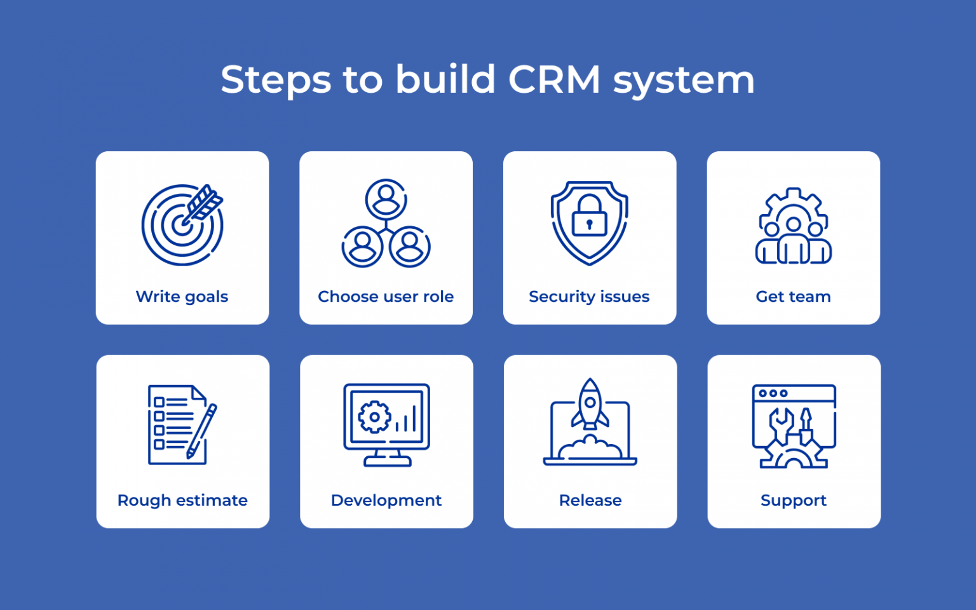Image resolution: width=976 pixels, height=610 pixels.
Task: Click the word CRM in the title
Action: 554,80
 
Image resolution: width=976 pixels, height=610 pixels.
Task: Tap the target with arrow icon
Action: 182,225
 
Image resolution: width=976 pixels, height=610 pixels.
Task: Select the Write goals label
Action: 182,297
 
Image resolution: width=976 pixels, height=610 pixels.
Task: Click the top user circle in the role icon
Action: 386,200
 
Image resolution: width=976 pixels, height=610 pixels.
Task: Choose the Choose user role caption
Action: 386,297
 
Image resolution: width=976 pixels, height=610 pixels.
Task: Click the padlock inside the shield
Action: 589,216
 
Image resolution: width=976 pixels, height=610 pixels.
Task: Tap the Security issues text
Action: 589,297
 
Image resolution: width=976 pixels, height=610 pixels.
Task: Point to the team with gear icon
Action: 793,226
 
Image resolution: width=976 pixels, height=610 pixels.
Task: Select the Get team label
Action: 793,297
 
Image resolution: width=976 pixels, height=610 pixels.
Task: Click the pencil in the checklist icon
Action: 202,430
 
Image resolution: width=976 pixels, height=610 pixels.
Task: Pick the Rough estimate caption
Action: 182,501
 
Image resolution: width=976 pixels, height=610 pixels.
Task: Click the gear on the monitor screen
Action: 374,417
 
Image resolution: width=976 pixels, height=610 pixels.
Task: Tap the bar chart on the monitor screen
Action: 407,420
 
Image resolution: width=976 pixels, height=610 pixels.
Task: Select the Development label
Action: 386,501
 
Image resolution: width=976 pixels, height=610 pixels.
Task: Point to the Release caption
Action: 590,501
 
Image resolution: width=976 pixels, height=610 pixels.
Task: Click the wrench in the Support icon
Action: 781,424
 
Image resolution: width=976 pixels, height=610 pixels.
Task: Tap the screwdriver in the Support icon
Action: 806,428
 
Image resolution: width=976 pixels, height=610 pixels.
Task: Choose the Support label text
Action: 794,501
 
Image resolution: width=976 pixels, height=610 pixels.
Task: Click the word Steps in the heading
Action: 276,80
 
